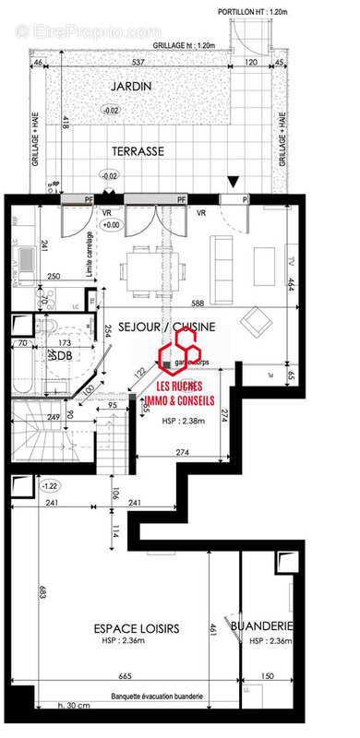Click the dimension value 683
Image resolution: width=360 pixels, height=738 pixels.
click(x=42, y=590)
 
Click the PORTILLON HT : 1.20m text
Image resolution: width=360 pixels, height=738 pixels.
click(x=253, y=12)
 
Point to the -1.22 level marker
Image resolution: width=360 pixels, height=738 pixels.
click(x=51, y=485)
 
